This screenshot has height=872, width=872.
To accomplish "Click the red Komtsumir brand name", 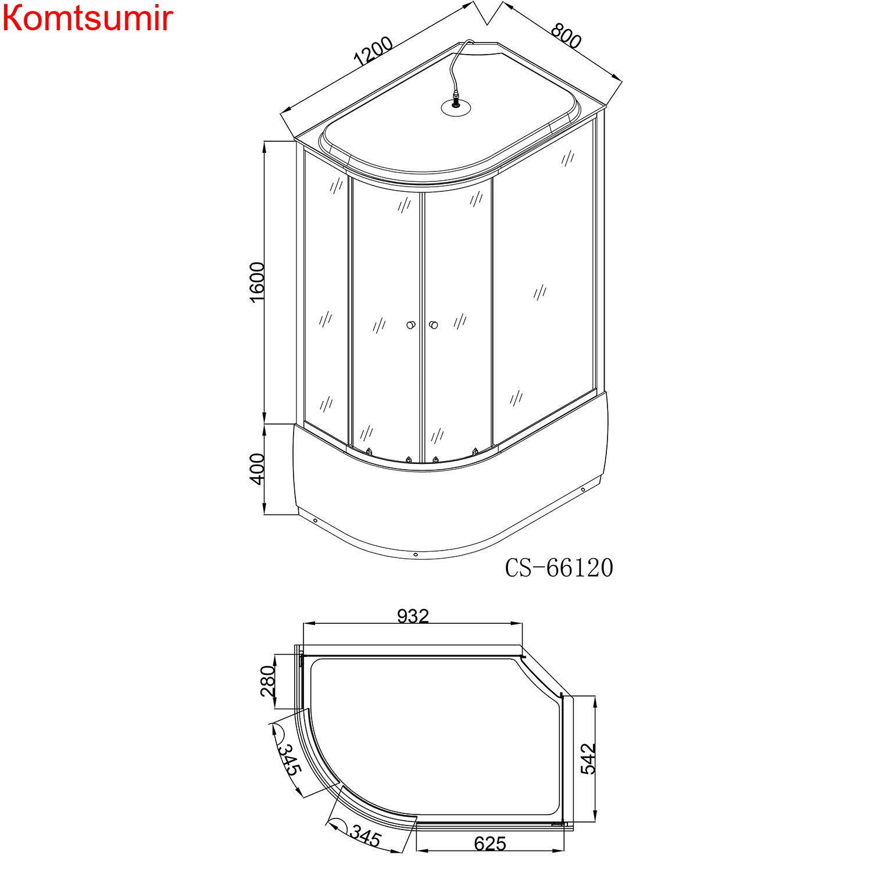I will (87, 19).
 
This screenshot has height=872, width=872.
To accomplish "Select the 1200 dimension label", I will (373, 51).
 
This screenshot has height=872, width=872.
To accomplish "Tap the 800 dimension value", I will (566, 36).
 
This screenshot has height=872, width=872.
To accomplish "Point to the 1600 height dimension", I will (257, 281).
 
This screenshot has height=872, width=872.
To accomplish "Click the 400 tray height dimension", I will (257, 469).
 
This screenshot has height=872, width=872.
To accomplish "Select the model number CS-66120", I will (559, 568).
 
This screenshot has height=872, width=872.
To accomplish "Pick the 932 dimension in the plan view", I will (413, 616).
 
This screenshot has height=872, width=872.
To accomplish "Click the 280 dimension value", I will (267, 681).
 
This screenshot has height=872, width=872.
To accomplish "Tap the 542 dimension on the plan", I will (588, 758).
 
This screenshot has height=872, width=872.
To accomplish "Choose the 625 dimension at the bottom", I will (490, 844).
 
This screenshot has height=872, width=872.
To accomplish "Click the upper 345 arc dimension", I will (288, 759).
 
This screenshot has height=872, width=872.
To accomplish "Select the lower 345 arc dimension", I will (365, 837).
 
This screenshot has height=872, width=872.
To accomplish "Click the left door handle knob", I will (411, 325).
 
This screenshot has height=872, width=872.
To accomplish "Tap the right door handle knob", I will (433, 325).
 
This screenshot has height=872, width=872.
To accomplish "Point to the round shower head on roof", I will (455, 107).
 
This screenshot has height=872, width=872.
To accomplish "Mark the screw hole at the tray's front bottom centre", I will (416, 555).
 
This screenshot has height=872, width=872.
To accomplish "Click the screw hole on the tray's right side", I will (583, 489).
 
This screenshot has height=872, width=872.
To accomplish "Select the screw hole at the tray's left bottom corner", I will (315, 521).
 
